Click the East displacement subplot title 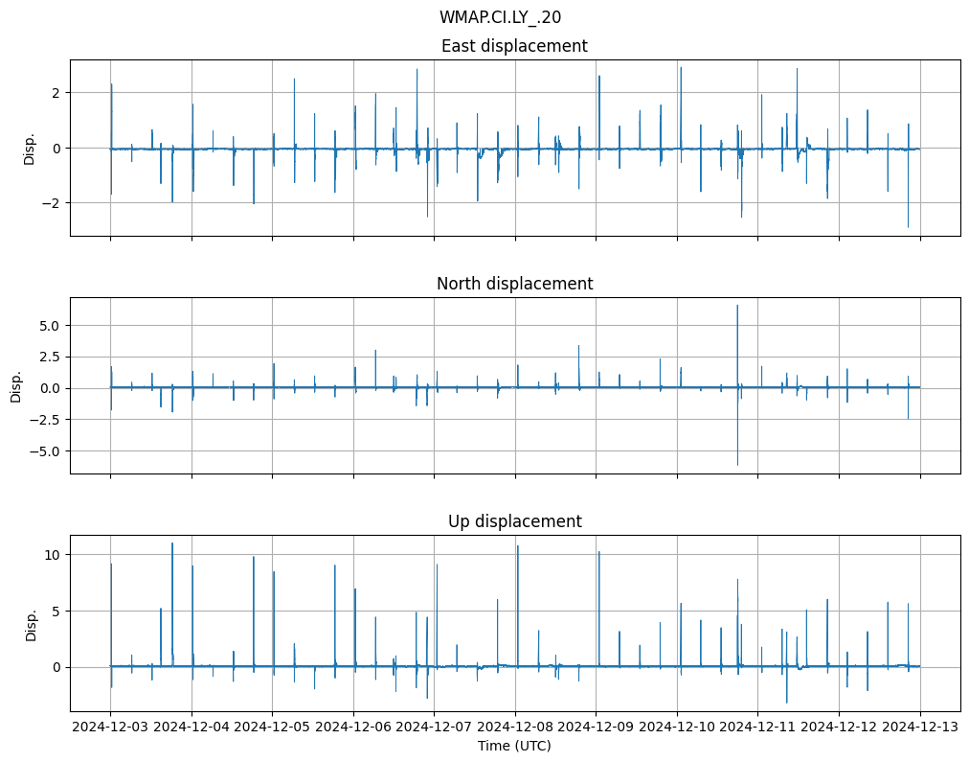point(514,46)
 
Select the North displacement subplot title point(514,284)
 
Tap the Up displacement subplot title point(514,521)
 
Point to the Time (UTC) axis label point(514,746)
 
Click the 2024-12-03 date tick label point(110,727)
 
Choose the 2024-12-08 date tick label point(515,727)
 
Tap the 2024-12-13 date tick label point(920,727)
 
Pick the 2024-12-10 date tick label point(677,727)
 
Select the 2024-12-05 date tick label point(272,727)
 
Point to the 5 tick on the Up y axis point(56,611)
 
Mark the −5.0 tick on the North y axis point(45,450)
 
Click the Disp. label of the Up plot point(31,624)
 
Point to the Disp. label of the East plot point(30,149)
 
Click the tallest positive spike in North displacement point(737,307)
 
